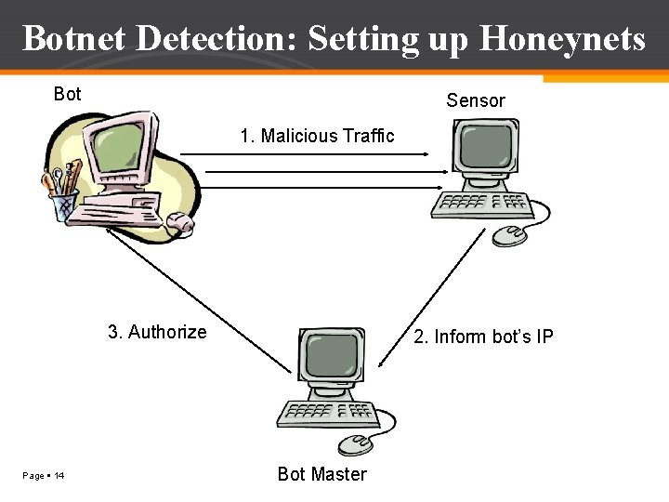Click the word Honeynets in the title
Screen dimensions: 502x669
pyautogui.click(x=562, y=39)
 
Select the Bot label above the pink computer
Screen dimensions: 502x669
pyautogui.click(x=68, y=94)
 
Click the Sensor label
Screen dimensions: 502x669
pyautogui.click(x=475, y=100)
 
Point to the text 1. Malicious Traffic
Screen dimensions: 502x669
pyautogui.click(x=317, y=136)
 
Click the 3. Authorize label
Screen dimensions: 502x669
pyautogui.click(x=157, y=332)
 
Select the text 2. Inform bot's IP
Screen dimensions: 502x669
pyautogui.click(x=483, y=337)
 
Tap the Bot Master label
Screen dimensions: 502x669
pyautogui.click(x=321, y=474)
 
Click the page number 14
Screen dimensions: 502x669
pyautogui.click(x=59, y=476)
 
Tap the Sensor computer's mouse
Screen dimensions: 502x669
pyautogui.click(x=509, y=235)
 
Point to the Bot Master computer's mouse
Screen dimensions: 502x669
pyautogui.click(x=355, y=444)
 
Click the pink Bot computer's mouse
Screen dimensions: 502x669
pyautogui.click(x=179, y=222)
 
